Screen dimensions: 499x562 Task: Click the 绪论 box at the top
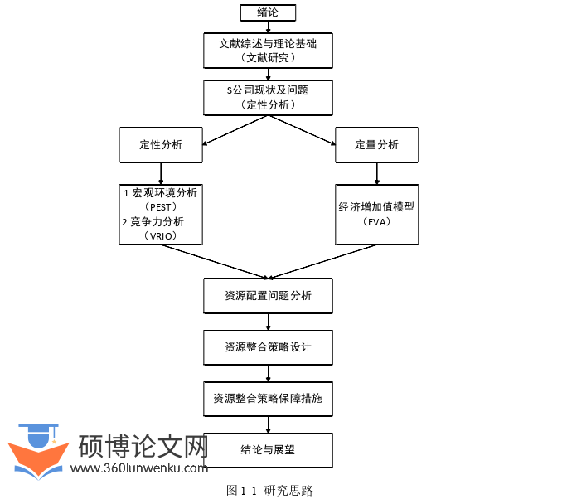(x=268, y=12)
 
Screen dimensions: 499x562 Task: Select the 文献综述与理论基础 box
(x=268, y=50)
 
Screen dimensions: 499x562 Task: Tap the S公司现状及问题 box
(x=268, y=97)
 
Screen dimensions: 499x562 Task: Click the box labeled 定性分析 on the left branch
(x=161, y=145)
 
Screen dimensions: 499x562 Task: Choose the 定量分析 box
(x=376, y=145)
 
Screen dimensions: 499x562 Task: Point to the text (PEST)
(x=161, y=206)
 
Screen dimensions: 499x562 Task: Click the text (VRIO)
(x=161, y=236)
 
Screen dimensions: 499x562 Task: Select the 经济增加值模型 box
(x=376, y=207)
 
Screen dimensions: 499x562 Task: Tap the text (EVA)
(x=376, y=222)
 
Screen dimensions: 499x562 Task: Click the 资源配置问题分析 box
(x=268, y=296)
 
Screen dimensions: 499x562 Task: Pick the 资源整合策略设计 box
(x=268, y=347)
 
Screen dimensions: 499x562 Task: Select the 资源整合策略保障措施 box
(x=268, y=399)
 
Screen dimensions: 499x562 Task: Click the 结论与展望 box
(x=268, y=450)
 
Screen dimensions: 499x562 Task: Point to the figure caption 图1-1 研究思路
(x=269, y=490)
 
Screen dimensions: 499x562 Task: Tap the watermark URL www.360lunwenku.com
(x=139, y=468)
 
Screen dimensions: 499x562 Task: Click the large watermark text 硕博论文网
(x=142, y=448)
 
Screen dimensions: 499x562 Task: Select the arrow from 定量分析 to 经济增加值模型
(x=376, y=173)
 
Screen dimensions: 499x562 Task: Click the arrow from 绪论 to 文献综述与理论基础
(x=268, y=27)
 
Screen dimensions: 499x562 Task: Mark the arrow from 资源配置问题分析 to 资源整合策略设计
(x=268, y=322)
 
